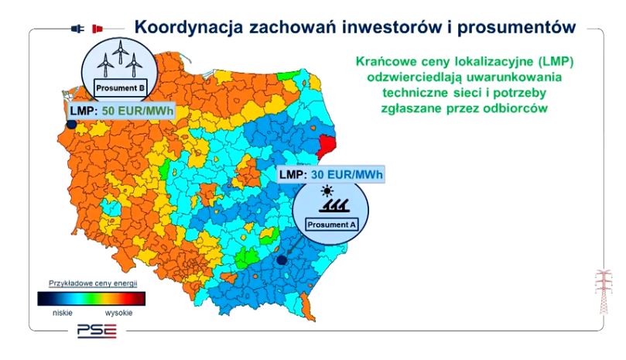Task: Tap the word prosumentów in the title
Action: pos(517,27)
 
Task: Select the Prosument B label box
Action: pos(120,88)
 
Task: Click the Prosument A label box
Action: pos(331,225)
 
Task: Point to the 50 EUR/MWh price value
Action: pos(138,111)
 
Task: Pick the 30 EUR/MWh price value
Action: pos(347,175)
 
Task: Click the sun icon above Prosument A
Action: pos(327,191)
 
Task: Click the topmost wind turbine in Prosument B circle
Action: pos(120,51)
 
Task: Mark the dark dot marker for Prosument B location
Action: pos(71,125)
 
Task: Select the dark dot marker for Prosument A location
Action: pos(282,260)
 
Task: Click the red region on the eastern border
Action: pos(327,144)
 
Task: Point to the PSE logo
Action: pos(97,331)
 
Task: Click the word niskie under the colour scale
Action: pos(63,313)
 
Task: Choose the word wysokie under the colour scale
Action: pos(118,313)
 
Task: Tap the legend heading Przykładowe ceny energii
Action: pos(93,283)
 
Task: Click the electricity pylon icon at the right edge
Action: pos(604,292)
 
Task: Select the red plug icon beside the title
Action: pos(97,29)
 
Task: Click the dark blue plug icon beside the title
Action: pos(77,29)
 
